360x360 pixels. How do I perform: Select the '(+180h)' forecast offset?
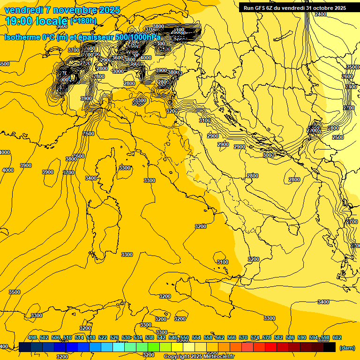tap(83, 21)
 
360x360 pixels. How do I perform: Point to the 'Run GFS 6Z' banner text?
tap(262, 7)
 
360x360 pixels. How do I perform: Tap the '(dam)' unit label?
tap(346, 347)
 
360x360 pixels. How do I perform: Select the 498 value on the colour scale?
tap(32, 338)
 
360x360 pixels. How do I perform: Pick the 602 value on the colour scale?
tap(337, 338)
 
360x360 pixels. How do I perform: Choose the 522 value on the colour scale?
tap(103, 338)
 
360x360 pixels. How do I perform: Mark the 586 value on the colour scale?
tap(290, 338)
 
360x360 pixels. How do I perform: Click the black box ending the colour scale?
tap(330, 347)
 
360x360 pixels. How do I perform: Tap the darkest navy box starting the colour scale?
tap(25, 347)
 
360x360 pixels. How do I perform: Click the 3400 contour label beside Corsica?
tap(91, 178)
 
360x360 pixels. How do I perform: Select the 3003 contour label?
tap(268, 155)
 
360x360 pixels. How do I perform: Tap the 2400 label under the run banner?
tap(321, 15)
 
